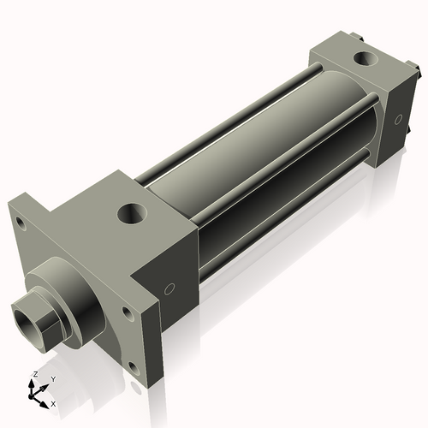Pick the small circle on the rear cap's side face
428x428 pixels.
[398, 121]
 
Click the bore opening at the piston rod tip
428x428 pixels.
[33, 318]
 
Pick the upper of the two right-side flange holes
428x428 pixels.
[128, 313]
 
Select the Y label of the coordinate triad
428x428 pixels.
[52, 378]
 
